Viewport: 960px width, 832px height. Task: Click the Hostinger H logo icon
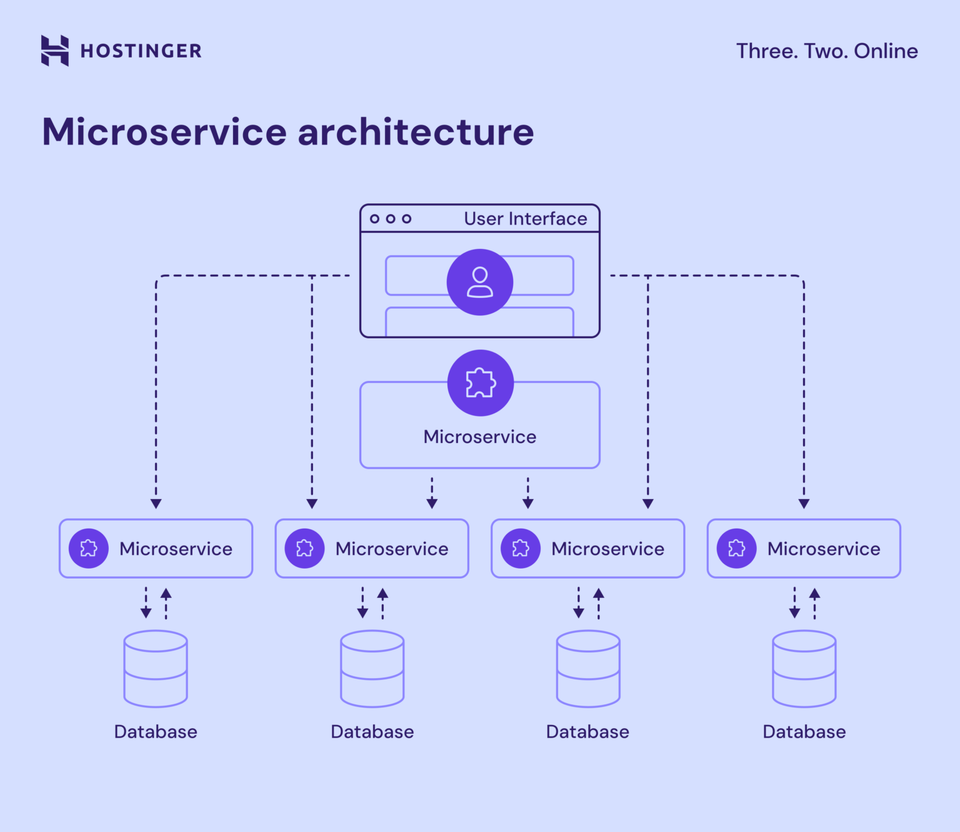[55, 51]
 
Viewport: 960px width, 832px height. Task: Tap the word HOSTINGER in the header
[141, 51]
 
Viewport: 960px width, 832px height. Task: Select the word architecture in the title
[416, 132]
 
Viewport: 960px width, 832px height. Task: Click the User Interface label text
[525, 219]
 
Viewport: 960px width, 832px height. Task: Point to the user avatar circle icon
[480, 282]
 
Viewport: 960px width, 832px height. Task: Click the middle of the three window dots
[391, 219]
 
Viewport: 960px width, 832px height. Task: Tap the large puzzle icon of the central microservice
[481, 383]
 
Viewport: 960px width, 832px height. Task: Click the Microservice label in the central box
[480, 437]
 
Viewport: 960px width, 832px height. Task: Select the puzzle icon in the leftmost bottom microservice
[89, 549]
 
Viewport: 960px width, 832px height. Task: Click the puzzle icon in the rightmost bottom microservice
[737, 549]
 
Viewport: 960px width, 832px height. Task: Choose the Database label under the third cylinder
[587, 732]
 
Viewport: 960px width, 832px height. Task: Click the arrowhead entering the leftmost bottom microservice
[156, 504]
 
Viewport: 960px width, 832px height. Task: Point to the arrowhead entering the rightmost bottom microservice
[804, 504]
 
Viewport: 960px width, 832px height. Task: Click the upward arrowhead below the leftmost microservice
[166, 593]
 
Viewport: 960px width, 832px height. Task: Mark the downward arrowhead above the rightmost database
[794, 613]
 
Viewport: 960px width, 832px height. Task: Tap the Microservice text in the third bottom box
[607, 549]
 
